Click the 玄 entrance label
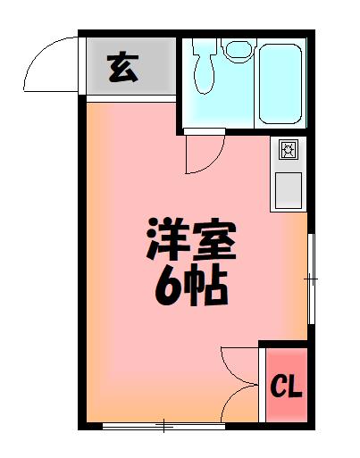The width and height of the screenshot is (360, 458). click(124, 68)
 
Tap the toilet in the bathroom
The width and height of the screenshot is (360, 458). click(205, 66)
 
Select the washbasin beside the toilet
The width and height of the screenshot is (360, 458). click(238, 49)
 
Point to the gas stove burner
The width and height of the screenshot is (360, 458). click(289, 150)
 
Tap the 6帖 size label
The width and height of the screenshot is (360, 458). click(191, 286)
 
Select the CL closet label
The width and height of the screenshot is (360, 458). click(287, 387)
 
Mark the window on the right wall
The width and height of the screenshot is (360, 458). click(310, 279)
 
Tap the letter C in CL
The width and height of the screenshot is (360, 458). click(279, 387)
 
